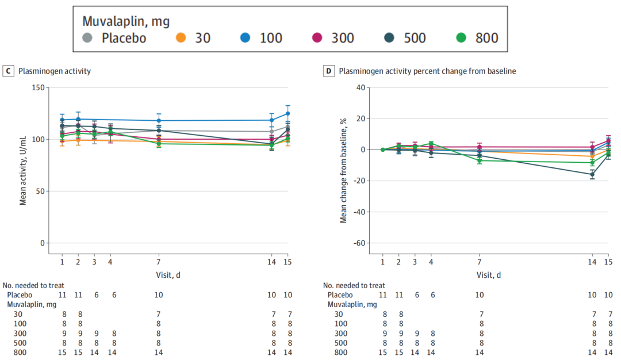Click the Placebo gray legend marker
coord(87,39)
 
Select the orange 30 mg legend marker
coord(181,39)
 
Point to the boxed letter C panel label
coord(9,71)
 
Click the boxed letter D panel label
coord(329,71)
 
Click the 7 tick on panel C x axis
coord(158,262)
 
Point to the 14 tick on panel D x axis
coord(592,262)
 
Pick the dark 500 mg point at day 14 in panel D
coord(592,174)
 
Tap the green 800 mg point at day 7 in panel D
coord(479,160)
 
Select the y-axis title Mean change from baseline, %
coord(344,165)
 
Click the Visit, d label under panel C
coord(168,275)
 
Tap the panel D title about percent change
coord(427,71)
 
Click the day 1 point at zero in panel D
coord(382,150)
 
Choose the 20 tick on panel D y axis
coord(361,118)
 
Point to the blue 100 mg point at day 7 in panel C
coord(158,121)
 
